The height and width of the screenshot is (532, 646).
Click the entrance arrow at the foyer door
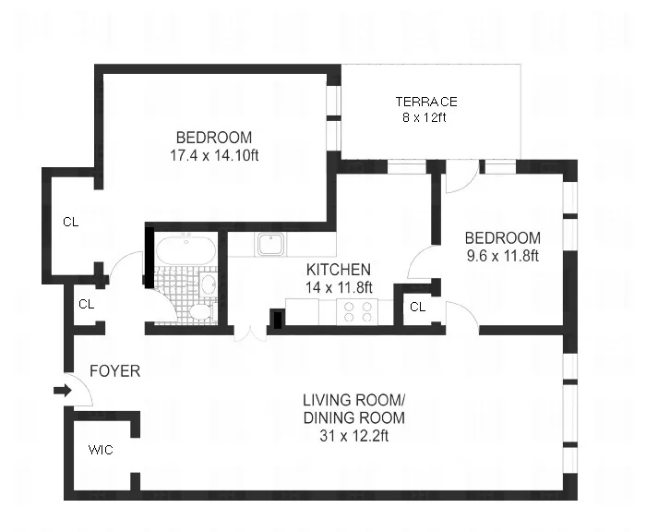pos(62,391)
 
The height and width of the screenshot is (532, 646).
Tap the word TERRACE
pos(425,102)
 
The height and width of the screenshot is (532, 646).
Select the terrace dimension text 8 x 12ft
pos(425,117)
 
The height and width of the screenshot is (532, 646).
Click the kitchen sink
pos(269,244)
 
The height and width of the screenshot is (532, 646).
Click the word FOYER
pos(114,371)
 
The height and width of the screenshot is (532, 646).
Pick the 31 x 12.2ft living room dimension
pos(353,437)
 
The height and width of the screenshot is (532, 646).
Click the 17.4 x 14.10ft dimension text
pos(214,155)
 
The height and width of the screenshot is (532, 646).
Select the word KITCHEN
pos(339,270)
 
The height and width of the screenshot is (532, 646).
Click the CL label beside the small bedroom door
pos(417,307)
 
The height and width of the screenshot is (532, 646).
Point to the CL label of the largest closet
pos(70,222)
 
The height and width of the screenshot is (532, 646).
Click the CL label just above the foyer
pos(86,304)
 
